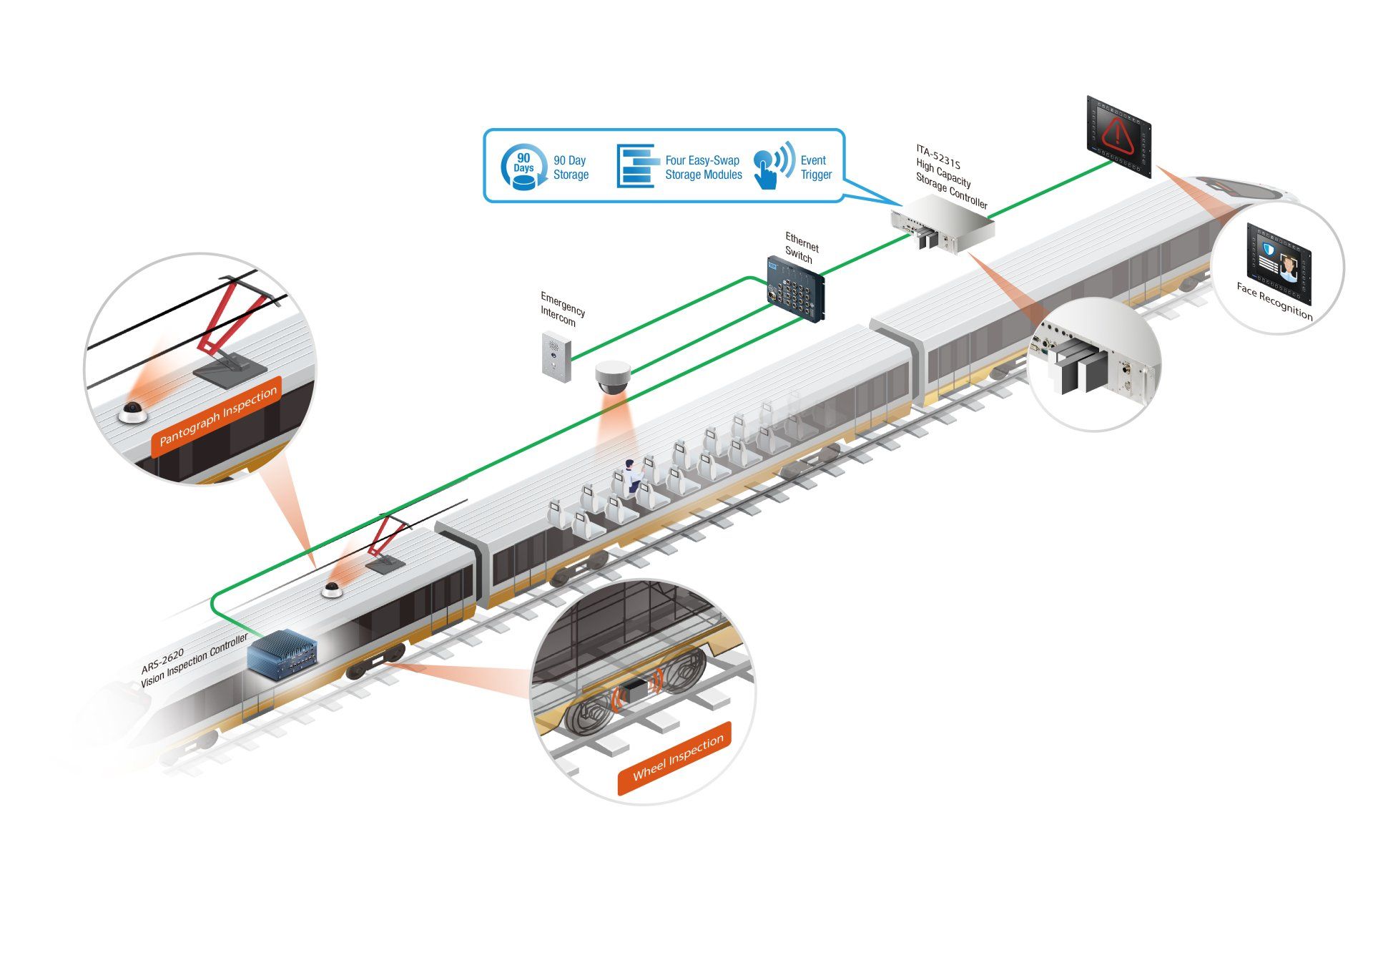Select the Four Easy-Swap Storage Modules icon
point(638,166)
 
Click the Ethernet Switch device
point(797,289)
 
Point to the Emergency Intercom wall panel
point(556,356)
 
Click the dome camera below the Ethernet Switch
point(614,376)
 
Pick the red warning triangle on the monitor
point(1117,135)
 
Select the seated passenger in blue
point(631,475)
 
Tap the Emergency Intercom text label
point(562,309)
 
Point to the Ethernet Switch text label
point(802,248)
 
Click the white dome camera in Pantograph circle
point(132,413)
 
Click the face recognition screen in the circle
point(1279,256)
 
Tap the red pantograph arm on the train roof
point(385,537)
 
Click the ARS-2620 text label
point(162,660)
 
